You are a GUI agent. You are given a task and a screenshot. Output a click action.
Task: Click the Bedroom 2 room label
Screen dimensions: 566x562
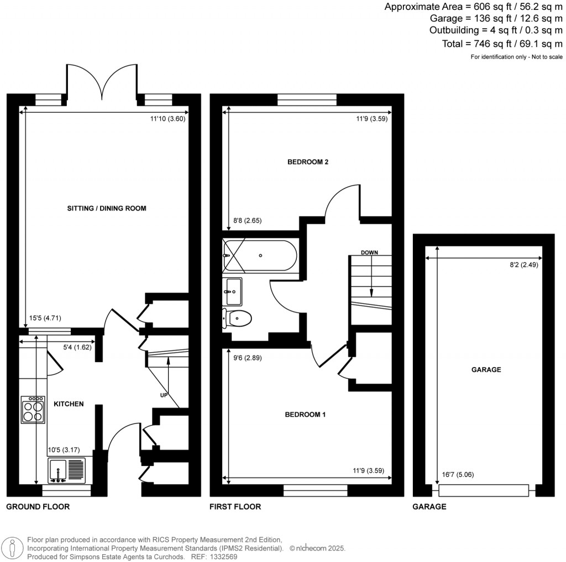307,162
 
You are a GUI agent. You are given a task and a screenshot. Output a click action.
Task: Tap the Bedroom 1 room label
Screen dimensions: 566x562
305,415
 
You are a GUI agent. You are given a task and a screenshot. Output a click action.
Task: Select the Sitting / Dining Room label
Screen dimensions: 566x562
107,208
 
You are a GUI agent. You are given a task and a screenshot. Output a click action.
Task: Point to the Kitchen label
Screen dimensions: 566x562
69,404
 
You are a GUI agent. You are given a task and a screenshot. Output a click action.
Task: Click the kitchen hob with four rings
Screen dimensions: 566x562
33,410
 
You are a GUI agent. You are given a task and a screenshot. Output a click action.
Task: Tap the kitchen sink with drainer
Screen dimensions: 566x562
67,470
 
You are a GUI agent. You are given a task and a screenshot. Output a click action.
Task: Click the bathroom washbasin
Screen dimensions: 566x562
232,291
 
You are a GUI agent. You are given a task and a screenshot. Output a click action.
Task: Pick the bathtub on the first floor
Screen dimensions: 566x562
260,256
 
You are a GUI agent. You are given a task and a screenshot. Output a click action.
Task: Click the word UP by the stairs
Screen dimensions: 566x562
164,395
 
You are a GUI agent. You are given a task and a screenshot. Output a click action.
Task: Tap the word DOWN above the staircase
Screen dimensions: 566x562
369,252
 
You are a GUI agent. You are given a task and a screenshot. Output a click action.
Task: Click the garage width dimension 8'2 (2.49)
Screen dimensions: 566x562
524,264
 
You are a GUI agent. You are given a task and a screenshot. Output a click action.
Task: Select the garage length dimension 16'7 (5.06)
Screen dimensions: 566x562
458,474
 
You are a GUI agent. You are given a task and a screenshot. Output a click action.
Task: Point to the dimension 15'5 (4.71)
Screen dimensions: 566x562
45,318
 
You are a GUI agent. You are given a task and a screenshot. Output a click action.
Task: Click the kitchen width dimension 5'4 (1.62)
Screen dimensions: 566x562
77,347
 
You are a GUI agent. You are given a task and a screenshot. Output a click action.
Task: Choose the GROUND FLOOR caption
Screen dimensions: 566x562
38,506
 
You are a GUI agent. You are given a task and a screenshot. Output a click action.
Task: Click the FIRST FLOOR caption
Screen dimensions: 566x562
235,506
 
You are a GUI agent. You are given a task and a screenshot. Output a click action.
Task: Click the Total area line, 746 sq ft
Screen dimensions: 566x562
502,44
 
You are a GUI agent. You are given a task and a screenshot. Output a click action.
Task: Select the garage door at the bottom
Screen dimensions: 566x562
484,490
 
